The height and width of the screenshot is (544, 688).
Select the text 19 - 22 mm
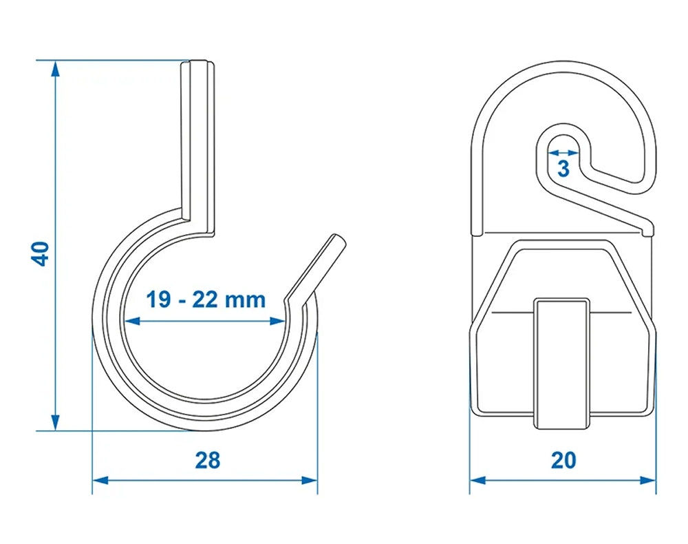(x=205, y=300)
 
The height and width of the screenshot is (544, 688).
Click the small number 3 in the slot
(x=563, y=167)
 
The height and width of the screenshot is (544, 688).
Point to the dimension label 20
(x=563, y=461)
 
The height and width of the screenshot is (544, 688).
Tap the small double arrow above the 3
(x=563, y=151)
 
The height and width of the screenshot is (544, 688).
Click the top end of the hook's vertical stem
(x=197, y=64)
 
